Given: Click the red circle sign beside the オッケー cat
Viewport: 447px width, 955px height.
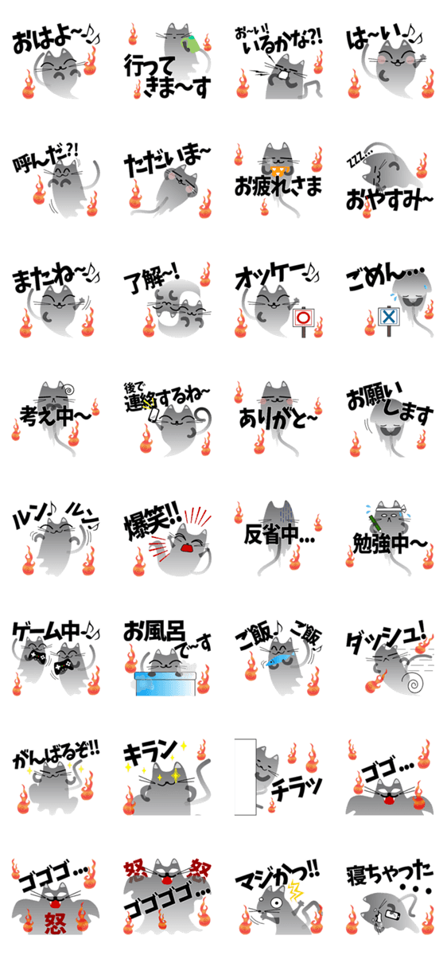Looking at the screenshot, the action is point(303,318).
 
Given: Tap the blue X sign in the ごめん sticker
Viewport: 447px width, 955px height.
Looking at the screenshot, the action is point(389,317).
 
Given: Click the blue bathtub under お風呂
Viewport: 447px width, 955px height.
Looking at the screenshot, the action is point(165,684).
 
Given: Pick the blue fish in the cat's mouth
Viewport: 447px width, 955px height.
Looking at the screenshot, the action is point(279,660).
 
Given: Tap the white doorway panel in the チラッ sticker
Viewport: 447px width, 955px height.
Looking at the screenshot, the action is point(246,777).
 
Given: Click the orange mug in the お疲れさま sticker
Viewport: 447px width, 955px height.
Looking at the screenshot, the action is point(279,171).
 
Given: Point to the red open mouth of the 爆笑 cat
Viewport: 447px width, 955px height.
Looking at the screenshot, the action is point(188,548).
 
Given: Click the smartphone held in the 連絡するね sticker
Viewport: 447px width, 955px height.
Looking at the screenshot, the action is point(153,415).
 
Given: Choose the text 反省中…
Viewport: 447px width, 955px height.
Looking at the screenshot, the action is point(278,534).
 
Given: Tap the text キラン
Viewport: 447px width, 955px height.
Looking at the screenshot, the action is point(150,754).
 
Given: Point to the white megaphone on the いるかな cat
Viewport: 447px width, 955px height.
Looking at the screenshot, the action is point(284,75).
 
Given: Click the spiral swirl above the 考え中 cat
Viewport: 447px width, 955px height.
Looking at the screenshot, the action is point(68,388).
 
